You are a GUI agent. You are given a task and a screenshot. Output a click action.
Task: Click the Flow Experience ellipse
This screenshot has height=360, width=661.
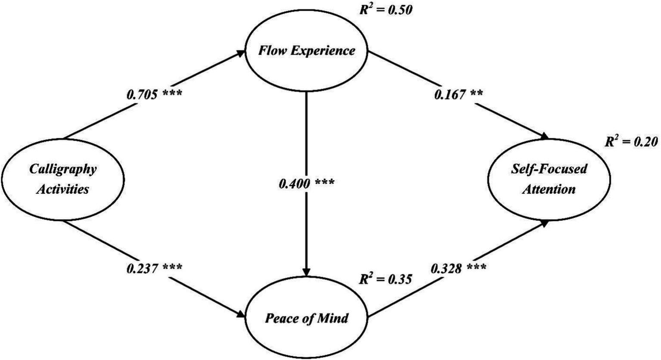306,51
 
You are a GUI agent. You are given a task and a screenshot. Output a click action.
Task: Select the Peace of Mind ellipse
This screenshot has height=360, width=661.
306,319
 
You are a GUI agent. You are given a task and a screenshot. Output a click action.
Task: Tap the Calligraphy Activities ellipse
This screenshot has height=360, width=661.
63,178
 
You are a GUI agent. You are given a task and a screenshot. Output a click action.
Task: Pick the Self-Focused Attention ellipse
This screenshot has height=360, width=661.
549,178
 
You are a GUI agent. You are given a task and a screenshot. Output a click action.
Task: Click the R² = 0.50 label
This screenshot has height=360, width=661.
386,9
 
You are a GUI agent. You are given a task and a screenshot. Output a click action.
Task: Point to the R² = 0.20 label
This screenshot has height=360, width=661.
631,142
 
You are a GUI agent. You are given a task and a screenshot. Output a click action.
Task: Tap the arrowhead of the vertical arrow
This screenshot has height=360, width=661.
306,272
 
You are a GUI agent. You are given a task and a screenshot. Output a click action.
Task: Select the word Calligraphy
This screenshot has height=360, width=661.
63,169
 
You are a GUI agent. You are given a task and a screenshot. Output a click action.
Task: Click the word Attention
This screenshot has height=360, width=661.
549,189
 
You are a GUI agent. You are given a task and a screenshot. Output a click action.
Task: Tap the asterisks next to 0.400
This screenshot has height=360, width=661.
325,183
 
